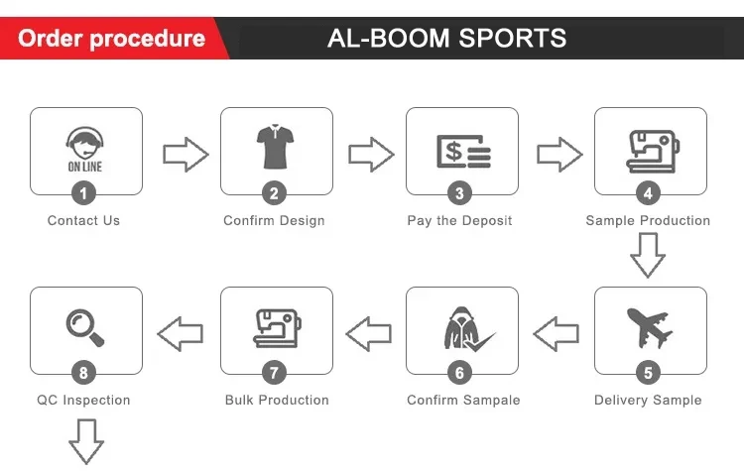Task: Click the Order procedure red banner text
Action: (111, 39)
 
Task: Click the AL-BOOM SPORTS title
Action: (446, 39)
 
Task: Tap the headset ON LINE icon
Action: (85, 150)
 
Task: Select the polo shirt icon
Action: (275, 146)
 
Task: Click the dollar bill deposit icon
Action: (462, 151)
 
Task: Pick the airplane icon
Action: (650, 327)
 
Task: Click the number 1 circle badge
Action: (85, 193)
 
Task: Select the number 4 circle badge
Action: (649, 193)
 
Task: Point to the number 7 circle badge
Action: (275, 373)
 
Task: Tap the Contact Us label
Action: (83, 220)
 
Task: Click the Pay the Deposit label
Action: (459, 220)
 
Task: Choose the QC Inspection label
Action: (83, 400)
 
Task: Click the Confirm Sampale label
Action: (463, 400)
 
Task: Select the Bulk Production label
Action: (277, 400)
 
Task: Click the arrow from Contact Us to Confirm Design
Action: (185, 155)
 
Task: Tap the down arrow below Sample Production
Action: (648, 256)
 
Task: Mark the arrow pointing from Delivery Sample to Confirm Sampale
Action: (557, 332)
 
